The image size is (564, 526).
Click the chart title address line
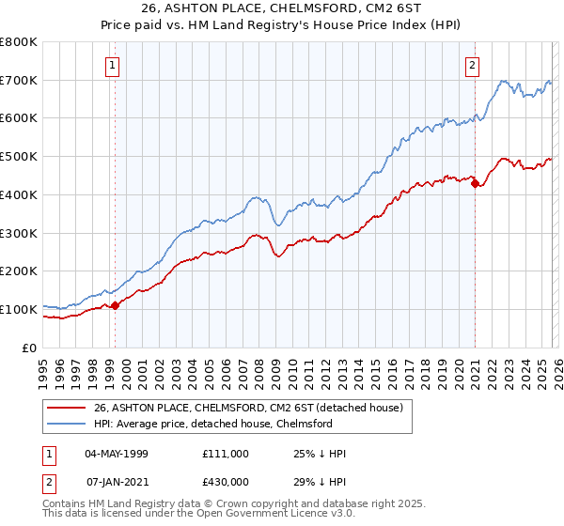pos(281,10)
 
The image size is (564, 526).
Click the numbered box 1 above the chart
pos(113,65)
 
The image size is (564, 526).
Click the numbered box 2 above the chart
pos(472,65)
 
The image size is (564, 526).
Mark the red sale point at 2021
pos(475,183)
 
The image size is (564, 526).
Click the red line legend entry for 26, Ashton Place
pos(248,408)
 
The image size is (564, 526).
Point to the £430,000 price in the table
pos(226,482)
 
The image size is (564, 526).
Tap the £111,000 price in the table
pos(226,454)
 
